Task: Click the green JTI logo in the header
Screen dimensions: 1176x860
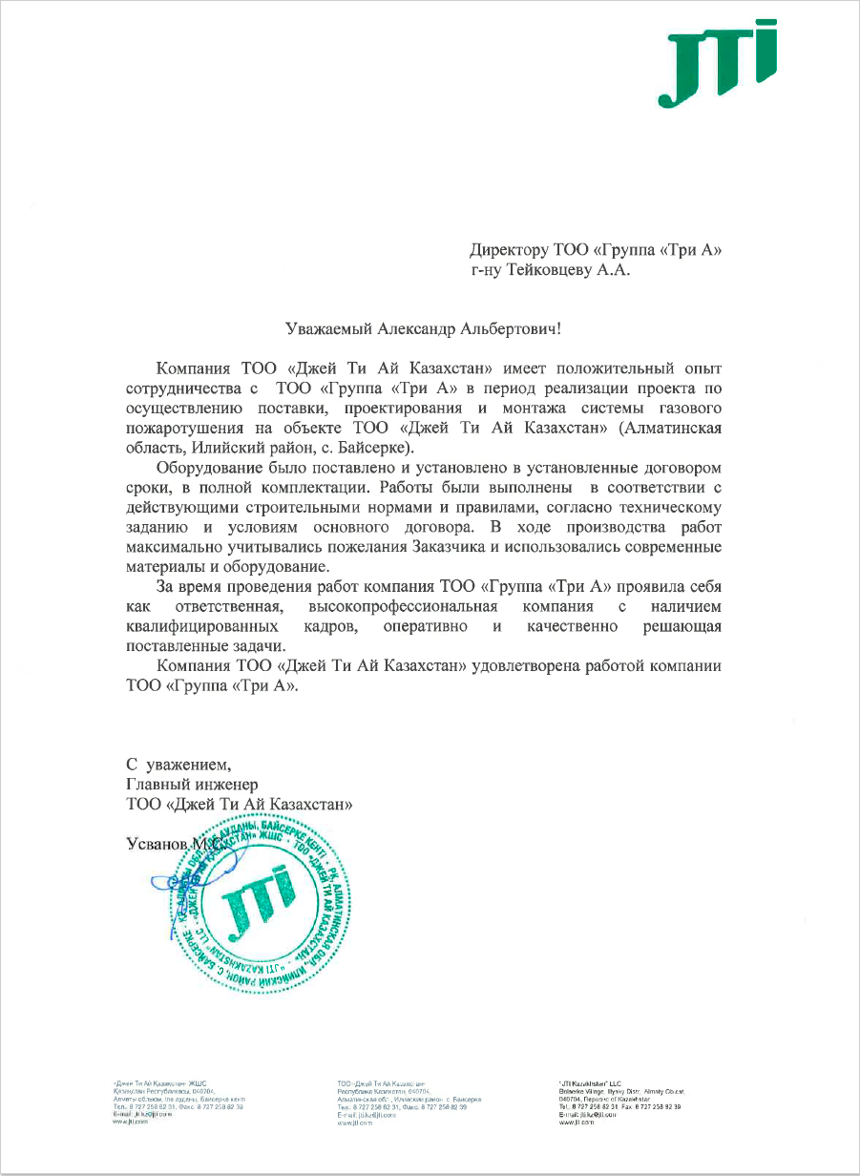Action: (716, 65)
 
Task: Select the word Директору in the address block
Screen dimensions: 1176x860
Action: (509, 251)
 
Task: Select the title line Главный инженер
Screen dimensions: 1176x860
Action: (192, 785)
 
